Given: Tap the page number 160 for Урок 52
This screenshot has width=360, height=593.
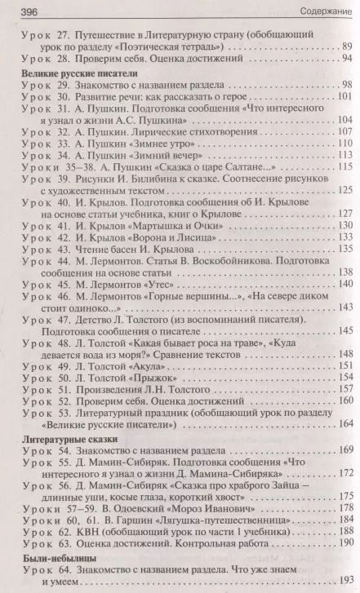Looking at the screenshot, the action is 344,403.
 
